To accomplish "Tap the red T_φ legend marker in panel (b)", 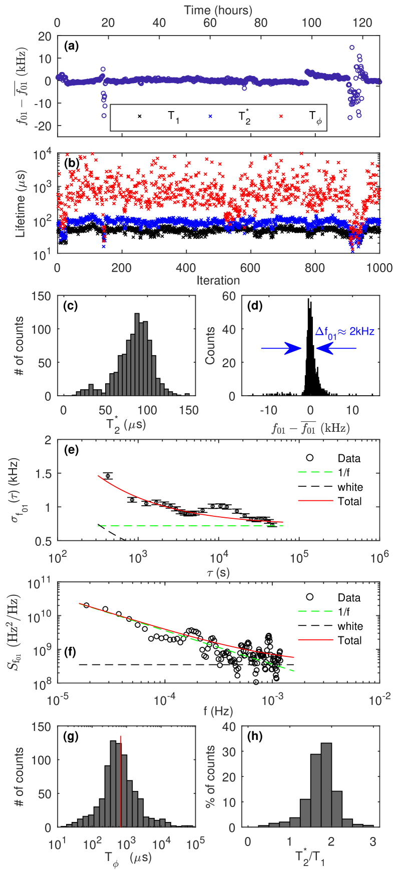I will [280, 116].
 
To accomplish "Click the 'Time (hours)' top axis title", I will [218, 10].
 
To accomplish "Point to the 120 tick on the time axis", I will [362, 23].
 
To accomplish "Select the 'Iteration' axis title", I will [218, 280].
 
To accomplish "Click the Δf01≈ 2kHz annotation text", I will [344, 331].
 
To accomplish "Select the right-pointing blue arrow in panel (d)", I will [280, 348].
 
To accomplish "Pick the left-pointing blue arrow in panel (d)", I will [335, 348].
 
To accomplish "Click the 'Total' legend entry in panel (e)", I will [349, 501].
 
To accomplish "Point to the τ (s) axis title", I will [218, 572].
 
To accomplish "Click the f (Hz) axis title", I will [218, 711].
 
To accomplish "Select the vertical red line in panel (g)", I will [121, 780].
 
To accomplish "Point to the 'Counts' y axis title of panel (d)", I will [210, 346].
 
